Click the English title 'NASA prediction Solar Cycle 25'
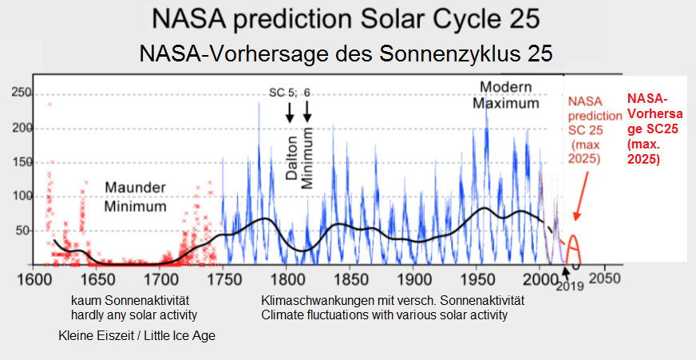click(x=347, y=18)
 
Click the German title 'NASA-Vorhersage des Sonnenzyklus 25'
click(x=347, y=53)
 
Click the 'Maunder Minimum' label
click(x=136, y=196)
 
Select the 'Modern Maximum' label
click(x=505, y=94)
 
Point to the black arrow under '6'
click(x=308, y=113)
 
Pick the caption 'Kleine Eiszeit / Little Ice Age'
click(x=137, y=336)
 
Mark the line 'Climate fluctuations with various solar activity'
click(x=385, y=315)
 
